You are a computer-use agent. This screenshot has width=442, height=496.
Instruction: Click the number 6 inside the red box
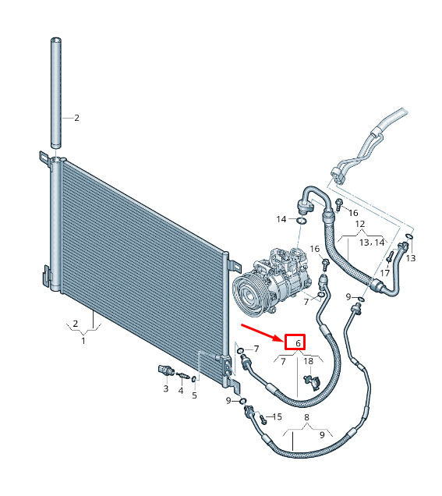298,343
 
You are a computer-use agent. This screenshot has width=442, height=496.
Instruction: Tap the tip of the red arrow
283,341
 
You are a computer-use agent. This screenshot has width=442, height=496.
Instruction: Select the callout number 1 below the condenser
83,341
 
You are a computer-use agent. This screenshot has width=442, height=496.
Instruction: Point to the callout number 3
166,388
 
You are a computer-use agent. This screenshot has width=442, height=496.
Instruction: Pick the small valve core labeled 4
183,375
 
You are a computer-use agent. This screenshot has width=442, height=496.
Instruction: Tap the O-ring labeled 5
194,378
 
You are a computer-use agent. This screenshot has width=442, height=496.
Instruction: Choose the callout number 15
277,416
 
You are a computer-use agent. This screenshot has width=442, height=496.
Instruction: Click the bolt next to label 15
263,420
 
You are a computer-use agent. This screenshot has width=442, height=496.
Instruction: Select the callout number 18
308,361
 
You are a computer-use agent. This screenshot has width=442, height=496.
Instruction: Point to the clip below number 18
313,381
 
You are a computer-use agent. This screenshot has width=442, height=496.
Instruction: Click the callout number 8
306,417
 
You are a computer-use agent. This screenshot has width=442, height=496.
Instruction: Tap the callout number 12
360,224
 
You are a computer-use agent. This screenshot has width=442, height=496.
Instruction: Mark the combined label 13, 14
372,243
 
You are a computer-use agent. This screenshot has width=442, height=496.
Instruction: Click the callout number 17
385,273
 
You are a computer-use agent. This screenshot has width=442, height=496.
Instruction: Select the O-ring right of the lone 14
302,221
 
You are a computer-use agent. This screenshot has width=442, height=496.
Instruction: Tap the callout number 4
181,391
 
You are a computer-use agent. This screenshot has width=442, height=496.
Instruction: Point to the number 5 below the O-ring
194,395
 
